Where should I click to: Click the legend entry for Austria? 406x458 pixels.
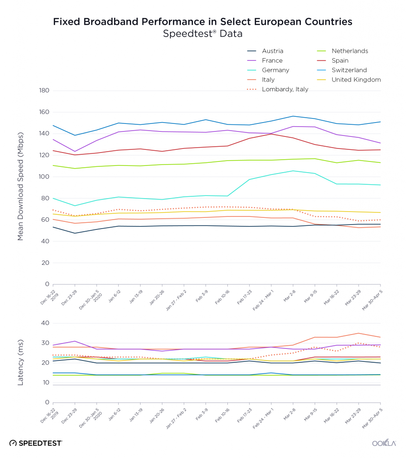(x=265, y=51)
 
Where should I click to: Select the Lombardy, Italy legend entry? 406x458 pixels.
(x=278, y=89)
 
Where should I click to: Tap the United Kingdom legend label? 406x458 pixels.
(x=349, y=80)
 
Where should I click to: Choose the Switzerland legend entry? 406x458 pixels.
(x=342, y=70)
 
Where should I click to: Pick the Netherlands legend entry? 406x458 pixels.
(x=342, y=51)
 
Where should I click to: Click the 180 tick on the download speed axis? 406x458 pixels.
(x=44, y=90)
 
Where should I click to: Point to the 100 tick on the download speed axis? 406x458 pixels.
(x=44, y=177)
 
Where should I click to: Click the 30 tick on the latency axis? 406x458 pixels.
(x=45, y=343)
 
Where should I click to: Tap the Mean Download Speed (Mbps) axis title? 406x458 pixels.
(x=20, y=187)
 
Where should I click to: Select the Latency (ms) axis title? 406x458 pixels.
(x=20, y=362)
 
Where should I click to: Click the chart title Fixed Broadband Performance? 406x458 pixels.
(x=203, y=21)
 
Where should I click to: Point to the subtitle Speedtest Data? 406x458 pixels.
(x=203, y=34)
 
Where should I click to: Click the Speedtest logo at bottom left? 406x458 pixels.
(x=36, y=443)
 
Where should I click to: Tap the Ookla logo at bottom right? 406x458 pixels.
(x=384, y=443)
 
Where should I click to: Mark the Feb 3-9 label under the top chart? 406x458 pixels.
(x=202, y=296)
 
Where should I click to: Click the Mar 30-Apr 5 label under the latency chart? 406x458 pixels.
(x=372, y=418)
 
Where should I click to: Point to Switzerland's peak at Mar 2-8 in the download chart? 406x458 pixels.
(x=293, y=116)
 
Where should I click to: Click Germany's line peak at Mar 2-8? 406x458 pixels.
(x=293, y=171)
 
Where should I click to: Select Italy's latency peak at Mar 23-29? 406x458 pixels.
(x=359, y=333)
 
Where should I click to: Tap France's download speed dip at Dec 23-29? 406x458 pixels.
(x=75, y=152)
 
